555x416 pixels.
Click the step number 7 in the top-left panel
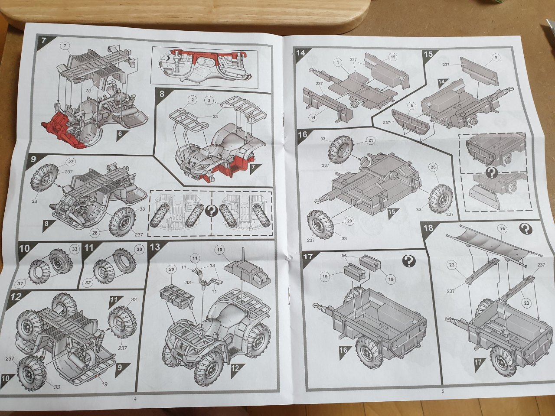[x=43, y=40]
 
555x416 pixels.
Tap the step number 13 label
[x=155, y=247]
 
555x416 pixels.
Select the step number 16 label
[x=302, y=134]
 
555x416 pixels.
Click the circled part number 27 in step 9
[x=71, y=162]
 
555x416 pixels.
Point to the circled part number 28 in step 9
[x=95, y=233]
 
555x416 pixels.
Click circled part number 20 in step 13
[x=171, y=270]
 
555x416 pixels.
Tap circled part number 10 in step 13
[x=219, y=250]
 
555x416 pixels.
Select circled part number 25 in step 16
[x=371, y=140]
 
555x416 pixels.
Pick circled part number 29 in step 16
[x=349, y=221]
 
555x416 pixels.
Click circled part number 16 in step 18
[x=503, y=229]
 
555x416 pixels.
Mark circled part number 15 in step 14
[x=393, y=57]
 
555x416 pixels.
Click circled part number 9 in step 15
[x=496, y=58]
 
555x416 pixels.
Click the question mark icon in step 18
[x=526, y=229]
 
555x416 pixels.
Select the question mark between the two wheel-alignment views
[x=212, y=211]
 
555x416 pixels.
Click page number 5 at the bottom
[x=443, y=391]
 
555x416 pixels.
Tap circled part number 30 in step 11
[x=139, y=249]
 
